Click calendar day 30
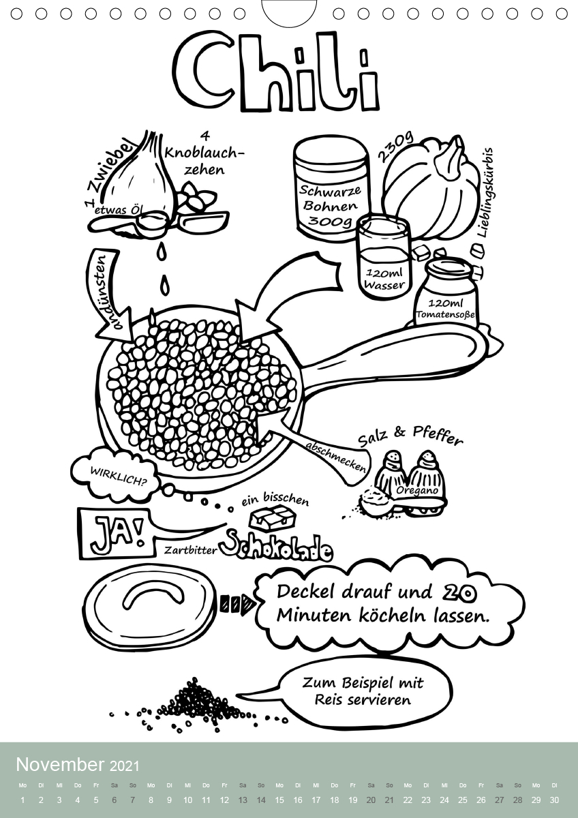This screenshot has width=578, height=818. pos(553,800)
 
